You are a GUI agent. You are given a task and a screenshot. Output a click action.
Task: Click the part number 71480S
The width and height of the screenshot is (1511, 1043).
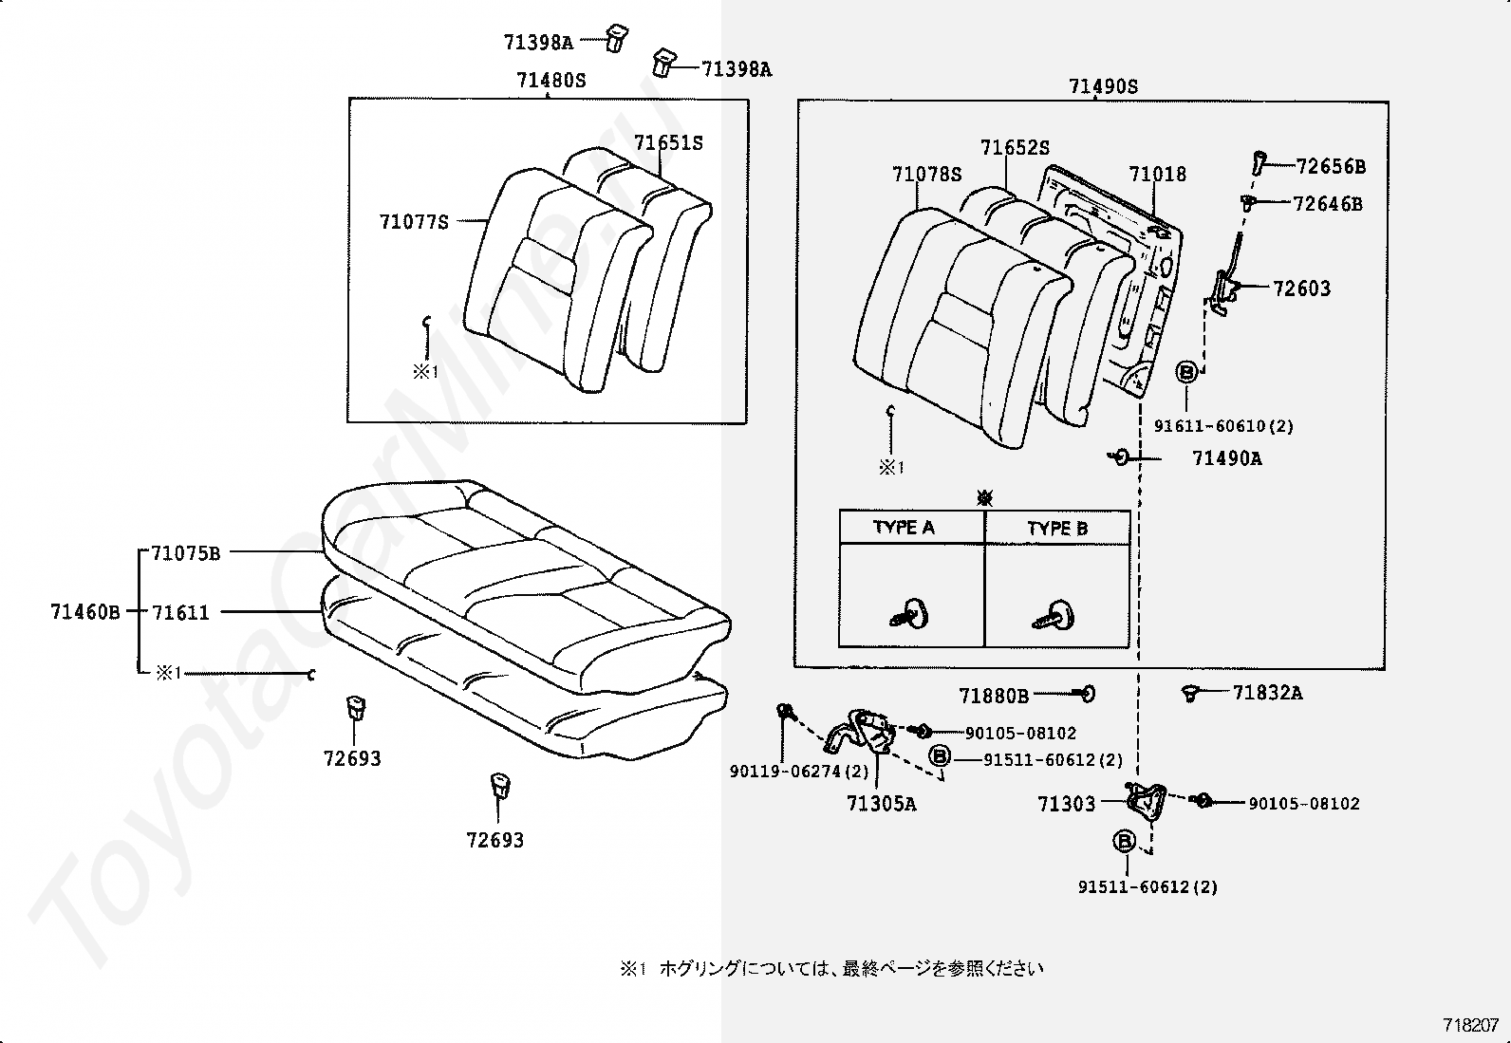[x=551, y=81]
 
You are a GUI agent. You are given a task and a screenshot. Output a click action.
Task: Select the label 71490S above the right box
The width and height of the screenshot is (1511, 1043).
[x=1103, y=86]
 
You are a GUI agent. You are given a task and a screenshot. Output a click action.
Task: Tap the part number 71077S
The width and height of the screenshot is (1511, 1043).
[x=414, y=222]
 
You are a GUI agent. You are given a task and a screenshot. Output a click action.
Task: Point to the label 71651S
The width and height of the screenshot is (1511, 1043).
[x=668, y=143]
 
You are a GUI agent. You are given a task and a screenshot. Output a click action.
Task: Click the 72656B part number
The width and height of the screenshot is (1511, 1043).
[x=1331, y=167]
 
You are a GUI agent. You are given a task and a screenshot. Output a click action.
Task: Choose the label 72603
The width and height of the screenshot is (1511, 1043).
[x=1302, y=289]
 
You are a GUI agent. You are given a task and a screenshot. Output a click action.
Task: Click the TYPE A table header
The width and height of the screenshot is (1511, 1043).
[x=904, y=528]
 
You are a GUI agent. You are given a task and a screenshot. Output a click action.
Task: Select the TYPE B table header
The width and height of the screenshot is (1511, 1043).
[x=1057, y=529]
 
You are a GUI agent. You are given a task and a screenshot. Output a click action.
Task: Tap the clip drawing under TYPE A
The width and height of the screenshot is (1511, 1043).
[x=908, y=614]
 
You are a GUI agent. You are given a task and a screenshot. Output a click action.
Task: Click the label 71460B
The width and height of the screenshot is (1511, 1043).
[x=85, y=612]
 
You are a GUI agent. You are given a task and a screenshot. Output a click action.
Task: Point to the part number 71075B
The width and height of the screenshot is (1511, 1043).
[x=185, y=553]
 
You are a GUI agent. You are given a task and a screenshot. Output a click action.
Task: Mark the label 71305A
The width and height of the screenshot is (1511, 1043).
[x=881, y=804]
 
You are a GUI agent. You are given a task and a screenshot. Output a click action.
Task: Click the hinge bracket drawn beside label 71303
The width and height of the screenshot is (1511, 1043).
[x=1147, y=801]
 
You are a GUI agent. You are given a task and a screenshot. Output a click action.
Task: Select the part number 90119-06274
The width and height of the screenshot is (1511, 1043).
[x=786, y=772]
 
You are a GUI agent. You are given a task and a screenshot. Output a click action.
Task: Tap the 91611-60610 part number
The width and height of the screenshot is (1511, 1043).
[x=1209, y=426]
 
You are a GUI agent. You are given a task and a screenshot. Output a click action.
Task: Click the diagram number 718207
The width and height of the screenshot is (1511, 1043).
[x=1470, y=1026]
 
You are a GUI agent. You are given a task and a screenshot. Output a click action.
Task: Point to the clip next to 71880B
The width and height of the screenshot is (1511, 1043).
[x=1087, y=694]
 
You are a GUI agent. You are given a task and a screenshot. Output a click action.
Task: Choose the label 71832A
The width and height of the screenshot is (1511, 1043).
[x=1267, y=693]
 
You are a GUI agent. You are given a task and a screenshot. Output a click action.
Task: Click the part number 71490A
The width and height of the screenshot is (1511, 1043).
[x=1226, y=458]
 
